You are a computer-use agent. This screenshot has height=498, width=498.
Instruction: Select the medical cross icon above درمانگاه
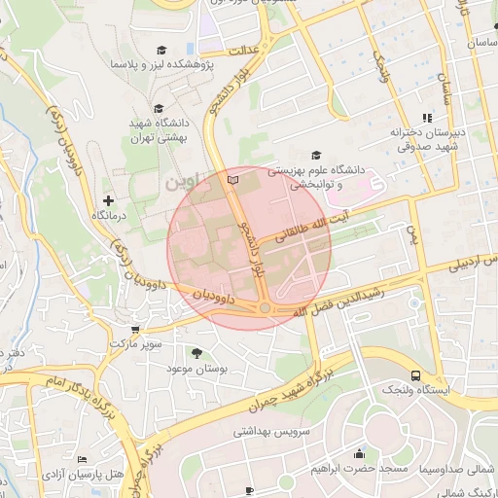click(x=108, y=199)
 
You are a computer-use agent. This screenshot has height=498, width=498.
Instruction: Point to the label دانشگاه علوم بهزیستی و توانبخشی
click(x=315, y=175)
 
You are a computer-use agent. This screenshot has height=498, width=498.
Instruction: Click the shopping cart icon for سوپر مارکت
click(x=134, y=331)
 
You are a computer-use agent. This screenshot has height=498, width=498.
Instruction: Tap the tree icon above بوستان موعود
click(x=197, y=352)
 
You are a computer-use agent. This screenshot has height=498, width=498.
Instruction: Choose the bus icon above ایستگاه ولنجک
click(x=416, y=375)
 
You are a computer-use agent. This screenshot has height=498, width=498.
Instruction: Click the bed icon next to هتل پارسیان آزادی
click(x=82, y=459)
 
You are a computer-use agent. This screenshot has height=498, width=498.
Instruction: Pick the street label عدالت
click(x=241, y=50)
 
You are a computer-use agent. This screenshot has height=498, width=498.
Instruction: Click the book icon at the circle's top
click(x=231, y=180)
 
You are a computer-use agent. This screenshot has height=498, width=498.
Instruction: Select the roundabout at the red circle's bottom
click(x=265, y=308)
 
